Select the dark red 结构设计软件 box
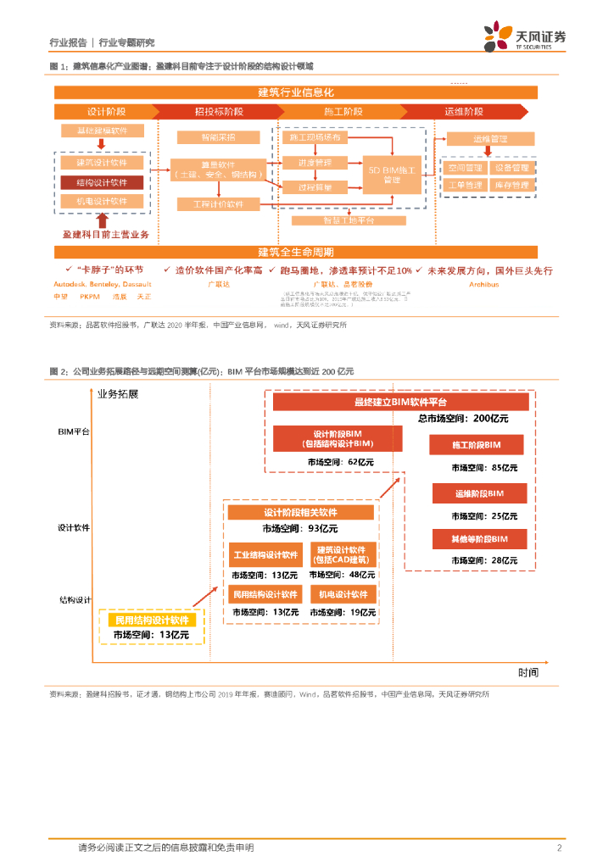pyautogui.click(x=103, y=181)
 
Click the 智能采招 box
pyautogui.click(x=207, y=136)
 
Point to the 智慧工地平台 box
pyautogui.click(x=349, y=220)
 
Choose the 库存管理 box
pyautogui.click(x=511, y=185)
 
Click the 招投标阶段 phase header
pyautogui.click(x=219, y=112)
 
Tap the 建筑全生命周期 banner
pyautogui.click(x=295, y=253)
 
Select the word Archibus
pyautogui.click(x=484, y=285)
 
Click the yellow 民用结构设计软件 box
pyautogui.click(x=148, y=620)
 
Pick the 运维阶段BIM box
pyautogui.click(x=478, y=494)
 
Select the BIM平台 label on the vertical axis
pyautogui.click(x=74, y=431)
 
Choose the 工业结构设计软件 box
pyautogui.click(x=265, y=556)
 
